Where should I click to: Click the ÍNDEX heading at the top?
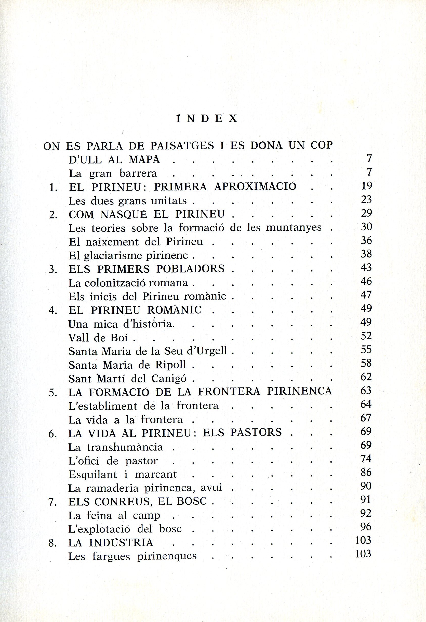(x=206, y=119)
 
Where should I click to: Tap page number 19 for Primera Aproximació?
(x=366, y=185)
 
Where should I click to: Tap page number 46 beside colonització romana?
(x=366, y=281)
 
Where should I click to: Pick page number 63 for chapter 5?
(x=366, y=391)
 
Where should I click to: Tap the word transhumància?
(x=125, y=447)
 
